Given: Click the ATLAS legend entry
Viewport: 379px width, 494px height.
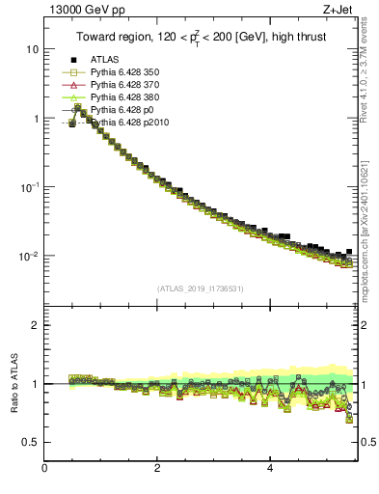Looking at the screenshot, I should pos(104,60).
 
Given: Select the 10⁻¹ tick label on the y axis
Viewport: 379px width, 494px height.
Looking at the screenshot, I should pos(28,187).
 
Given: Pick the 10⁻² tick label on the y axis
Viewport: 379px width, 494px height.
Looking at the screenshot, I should pos(28,257).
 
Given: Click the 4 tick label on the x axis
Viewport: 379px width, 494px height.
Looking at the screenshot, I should pos(270,469).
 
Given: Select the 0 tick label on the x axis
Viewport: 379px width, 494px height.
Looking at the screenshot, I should pos(44,469).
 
